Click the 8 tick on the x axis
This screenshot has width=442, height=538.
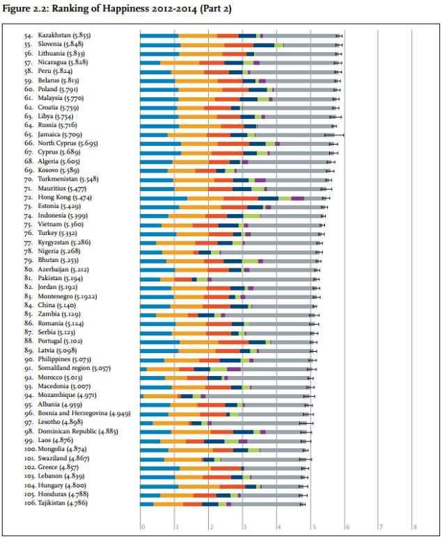[x=415, y=527]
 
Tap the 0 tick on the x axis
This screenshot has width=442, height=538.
[x=142, y=527]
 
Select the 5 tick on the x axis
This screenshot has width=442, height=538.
[x=313, y=527]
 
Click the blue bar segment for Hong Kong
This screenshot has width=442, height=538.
[x=164, y=198]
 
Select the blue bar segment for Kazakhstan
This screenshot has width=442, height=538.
[x=159, y=35]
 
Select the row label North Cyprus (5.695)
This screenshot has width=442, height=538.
[x=67, y=144]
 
